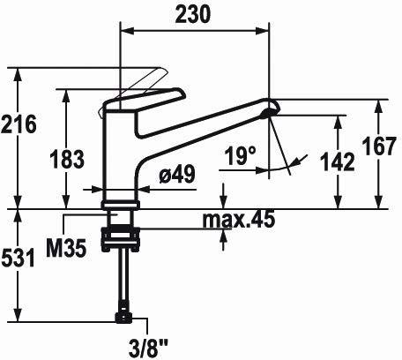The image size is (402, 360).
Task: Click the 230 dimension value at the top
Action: (192, 14)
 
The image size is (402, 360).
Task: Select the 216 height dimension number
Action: (19, 124)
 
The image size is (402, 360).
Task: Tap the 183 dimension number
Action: (67, 159)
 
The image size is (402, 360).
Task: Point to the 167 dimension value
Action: (379, 146)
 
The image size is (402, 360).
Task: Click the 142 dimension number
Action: (338, 161)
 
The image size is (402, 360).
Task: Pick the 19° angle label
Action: (240, 156)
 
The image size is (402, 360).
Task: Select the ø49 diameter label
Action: (177, 174)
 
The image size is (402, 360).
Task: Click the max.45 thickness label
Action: (239, 219)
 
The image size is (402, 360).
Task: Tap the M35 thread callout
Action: (66, 248)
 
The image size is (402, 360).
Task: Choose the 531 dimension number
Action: (19, 258)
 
